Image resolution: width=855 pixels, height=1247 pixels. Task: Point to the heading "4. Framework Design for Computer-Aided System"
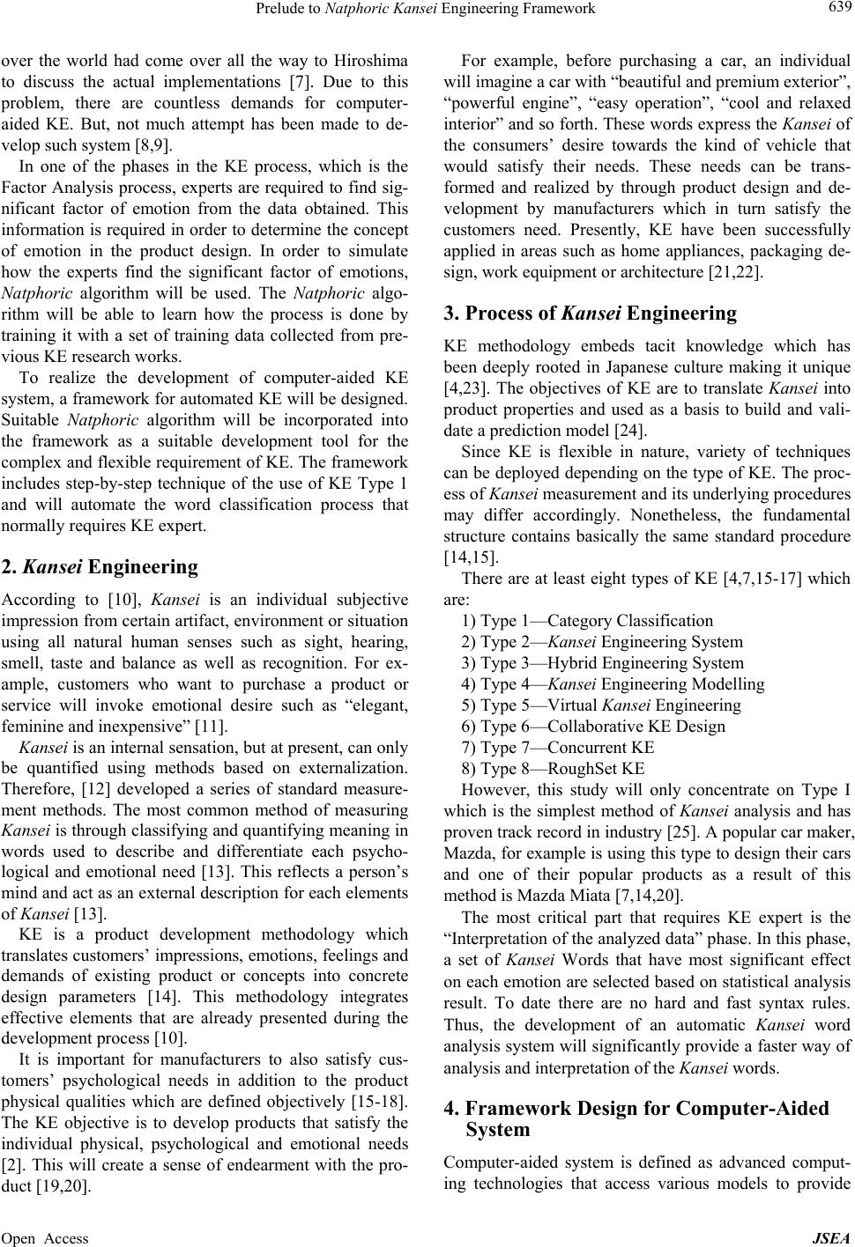645,1118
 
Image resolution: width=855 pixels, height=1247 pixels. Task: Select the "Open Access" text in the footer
45,1238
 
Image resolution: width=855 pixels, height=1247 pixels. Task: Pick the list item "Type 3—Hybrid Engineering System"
602,663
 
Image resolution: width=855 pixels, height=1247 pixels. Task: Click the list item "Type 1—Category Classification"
587,621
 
